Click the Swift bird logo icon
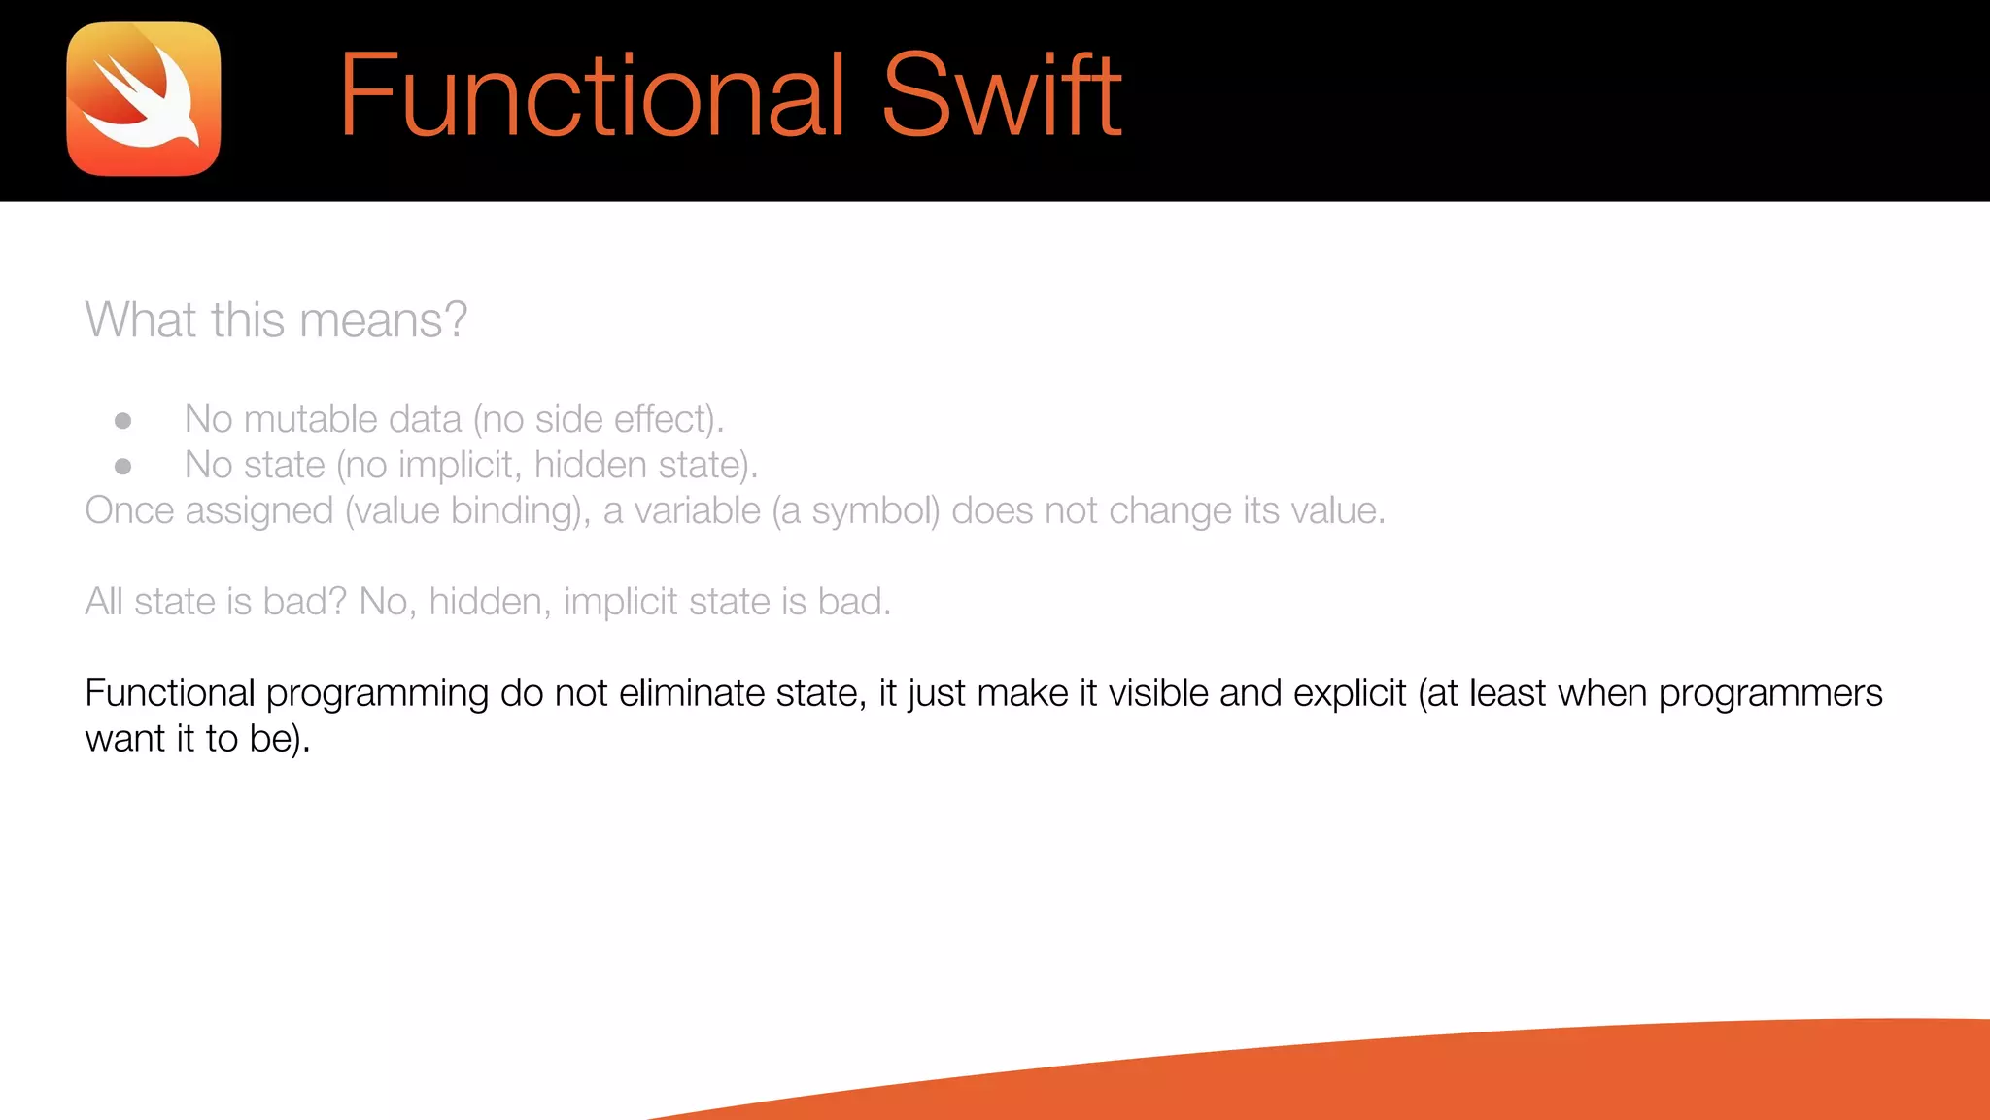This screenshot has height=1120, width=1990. (x=144, y=99)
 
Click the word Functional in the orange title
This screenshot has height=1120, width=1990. (x=592, y=95)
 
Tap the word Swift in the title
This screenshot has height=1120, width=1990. (x=1002, y=95)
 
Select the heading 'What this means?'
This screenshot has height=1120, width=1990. (x=276, y=320)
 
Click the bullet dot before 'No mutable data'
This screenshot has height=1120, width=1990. (x=123, y=421)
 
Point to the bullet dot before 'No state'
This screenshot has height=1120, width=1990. (x=123, y=467)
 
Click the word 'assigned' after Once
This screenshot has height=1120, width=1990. (x=258, y=511)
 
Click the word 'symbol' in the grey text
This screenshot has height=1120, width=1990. (x=875, y=511)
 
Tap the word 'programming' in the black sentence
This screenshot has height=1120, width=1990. (x=377, y=694)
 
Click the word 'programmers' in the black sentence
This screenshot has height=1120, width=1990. (x=1769, y=694)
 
